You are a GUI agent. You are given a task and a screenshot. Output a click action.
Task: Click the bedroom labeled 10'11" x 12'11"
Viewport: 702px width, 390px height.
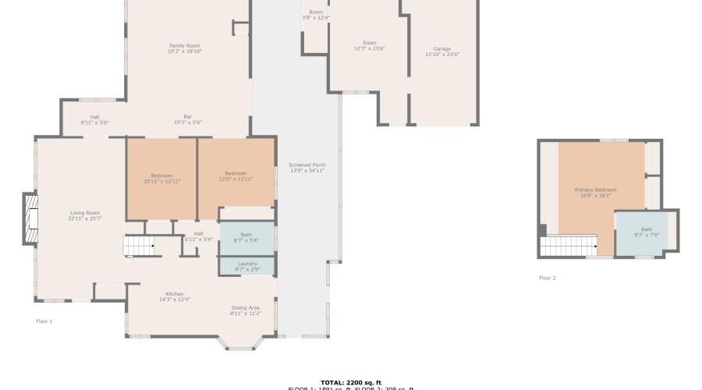161,178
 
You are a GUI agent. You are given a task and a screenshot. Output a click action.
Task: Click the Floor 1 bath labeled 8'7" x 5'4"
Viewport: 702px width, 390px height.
246,237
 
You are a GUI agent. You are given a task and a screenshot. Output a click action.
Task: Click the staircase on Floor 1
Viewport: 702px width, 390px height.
139,246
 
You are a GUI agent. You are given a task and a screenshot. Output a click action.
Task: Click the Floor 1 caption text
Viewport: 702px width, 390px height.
44,321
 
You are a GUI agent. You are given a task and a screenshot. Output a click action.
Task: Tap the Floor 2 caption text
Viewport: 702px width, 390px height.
547,278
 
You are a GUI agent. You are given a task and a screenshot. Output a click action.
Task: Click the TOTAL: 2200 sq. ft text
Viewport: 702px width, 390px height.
350,382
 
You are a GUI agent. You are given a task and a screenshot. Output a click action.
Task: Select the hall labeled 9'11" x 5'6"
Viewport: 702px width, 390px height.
94,119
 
